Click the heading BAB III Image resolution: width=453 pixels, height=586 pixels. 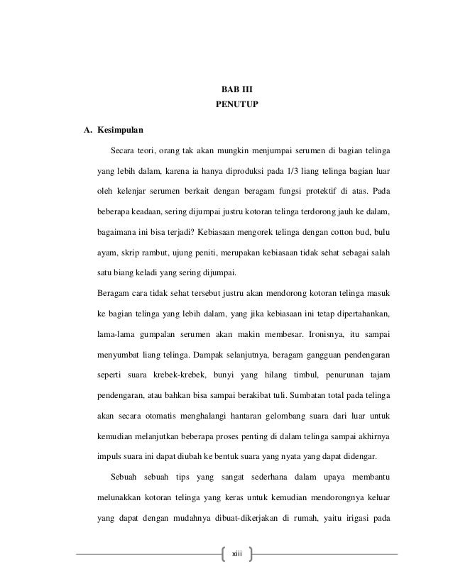233,91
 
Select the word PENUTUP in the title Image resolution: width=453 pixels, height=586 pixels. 233,109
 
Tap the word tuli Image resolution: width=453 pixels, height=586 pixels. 288,394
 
